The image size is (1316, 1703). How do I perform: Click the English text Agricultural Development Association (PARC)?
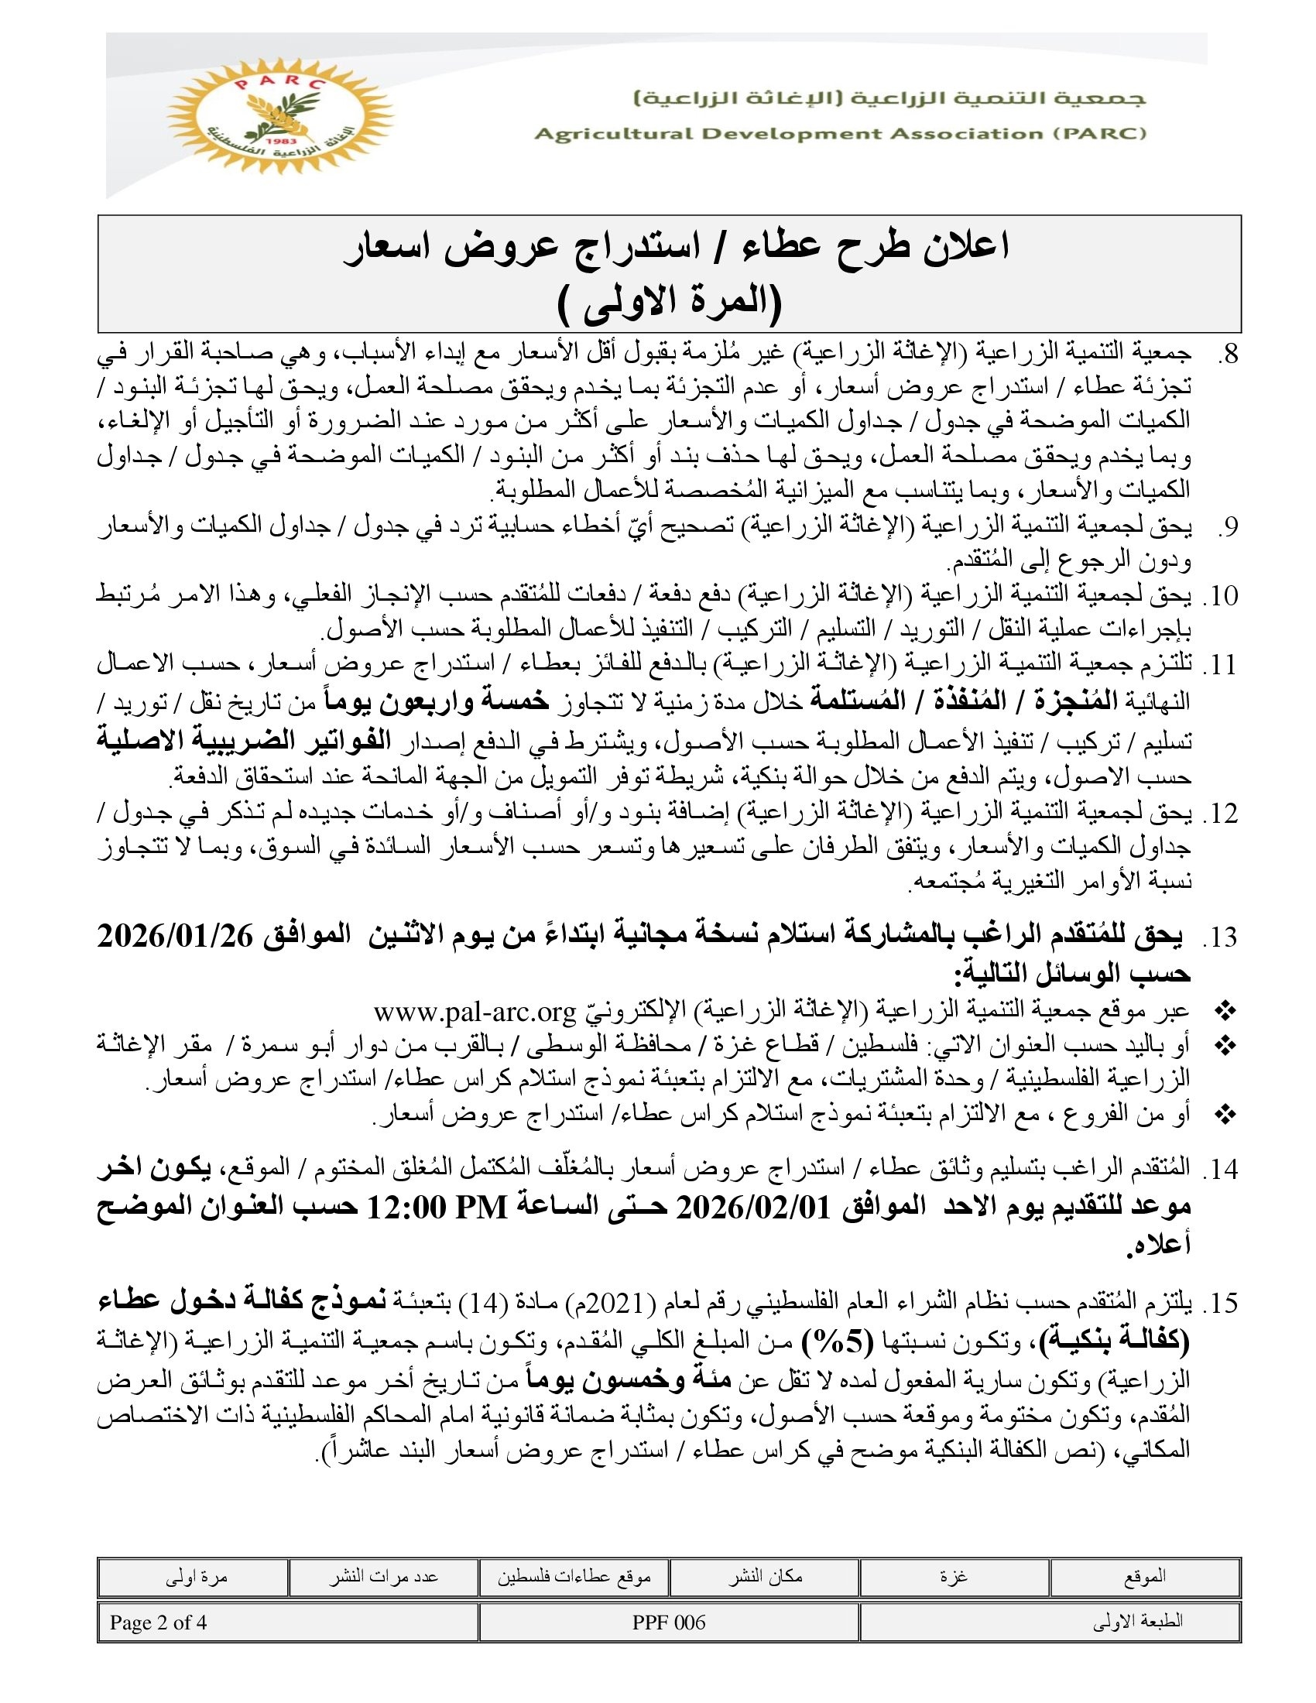pyautogui.click(x=840, y=133)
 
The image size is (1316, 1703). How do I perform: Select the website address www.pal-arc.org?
pyautogui.click(x=474, y=1013)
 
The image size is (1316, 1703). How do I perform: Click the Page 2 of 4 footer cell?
pyautogui.click(x=158, y=1622)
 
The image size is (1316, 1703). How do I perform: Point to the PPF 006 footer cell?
pyautogui.click(x=669, y=1622)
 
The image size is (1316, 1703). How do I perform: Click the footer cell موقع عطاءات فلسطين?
pyautogui.click(x=574, y=1577)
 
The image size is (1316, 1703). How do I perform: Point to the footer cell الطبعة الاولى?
pyautogui.click(x=1137, y=1622)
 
